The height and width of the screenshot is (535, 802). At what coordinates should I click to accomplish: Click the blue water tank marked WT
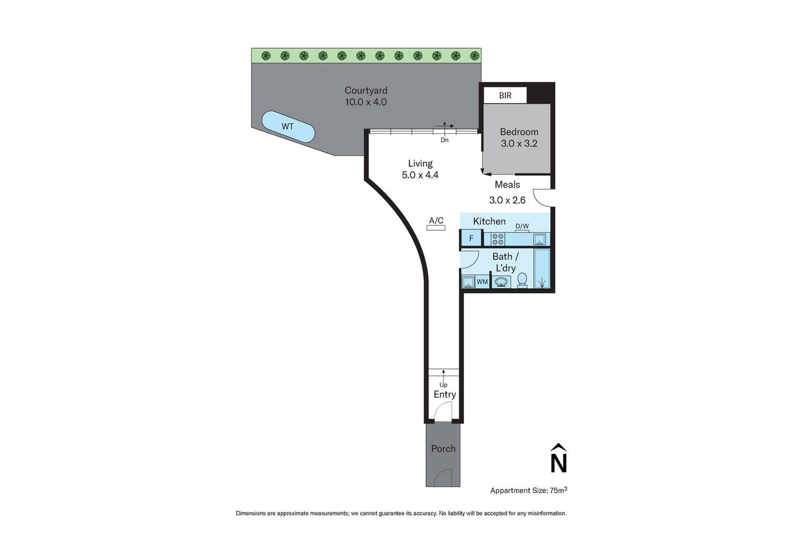click(x=288, y=126)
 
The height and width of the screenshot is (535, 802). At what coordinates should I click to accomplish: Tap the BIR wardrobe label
click(x=505, y=96)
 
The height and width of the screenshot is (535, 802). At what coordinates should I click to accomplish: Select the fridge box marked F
click(x=471, y=238)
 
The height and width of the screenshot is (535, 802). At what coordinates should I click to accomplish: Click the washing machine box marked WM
click(x=482, y=282)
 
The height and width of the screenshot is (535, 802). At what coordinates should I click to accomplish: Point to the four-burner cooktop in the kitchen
click(x=498, y=239)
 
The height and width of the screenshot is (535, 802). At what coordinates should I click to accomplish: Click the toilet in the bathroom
click(x=522, y=280)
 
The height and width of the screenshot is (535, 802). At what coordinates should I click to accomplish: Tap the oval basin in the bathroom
click(x=501, y=282)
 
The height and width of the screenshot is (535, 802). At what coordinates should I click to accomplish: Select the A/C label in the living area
click(x=436, y=221)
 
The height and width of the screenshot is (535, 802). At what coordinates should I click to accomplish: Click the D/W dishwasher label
click(x=522, y=226)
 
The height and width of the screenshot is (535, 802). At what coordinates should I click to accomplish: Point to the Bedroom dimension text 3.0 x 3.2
click(x=519, y=144)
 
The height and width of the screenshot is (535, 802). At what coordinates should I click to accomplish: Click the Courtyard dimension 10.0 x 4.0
click(x=365, y=102)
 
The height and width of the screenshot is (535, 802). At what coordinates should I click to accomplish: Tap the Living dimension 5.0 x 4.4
click(x=420, y=175)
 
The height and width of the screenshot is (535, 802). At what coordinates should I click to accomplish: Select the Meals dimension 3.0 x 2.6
click(x=507, y=200)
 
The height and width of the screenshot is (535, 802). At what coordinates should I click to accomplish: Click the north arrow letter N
click(x=558, y=462)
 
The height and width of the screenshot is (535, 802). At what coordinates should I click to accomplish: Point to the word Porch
click(x=443, y=449)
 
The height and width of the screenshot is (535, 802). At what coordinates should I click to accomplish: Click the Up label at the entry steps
click(x=443, y=385)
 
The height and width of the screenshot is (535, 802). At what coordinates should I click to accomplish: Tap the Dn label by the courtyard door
click(x=444, y=140)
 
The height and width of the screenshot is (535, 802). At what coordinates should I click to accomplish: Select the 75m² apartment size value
click(x=558, y=490)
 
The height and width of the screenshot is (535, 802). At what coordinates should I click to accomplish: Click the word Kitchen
click(x=489, y=221)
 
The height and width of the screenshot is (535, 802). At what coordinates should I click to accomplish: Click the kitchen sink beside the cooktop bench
click(x=539, y=239)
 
